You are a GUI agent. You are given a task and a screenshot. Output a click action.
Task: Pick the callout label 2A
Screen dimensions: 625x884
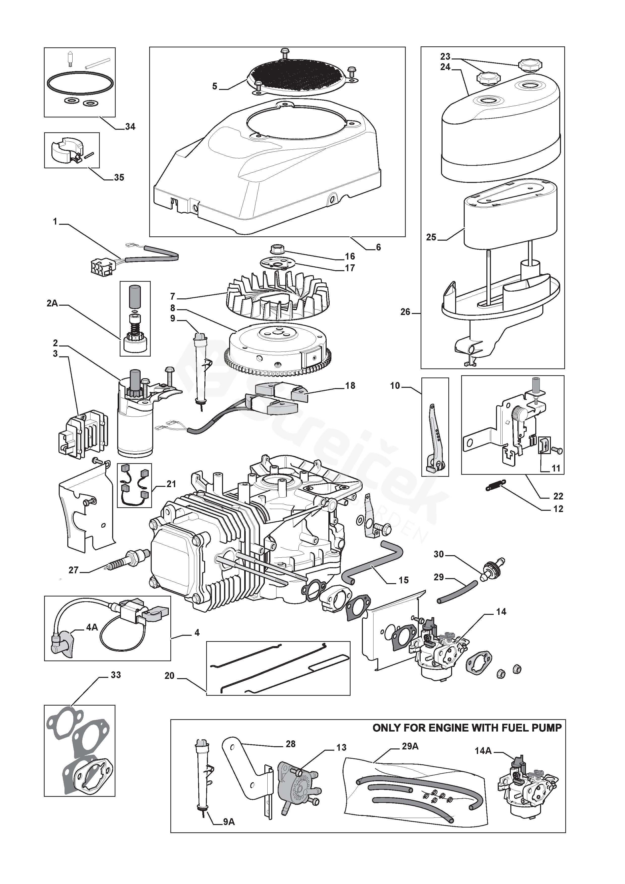[52, 304]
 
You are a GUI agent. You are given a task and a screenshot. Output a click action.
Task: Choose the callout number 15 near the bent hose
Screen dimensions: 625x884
[403, 580]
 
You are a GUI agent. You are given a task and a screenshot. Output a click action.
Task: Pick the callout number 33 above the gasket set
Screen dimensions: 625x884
[115, 675]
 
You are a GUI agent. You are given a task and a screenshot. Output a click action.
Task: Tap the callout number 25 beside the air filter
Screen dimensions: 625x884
[431, 237]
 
